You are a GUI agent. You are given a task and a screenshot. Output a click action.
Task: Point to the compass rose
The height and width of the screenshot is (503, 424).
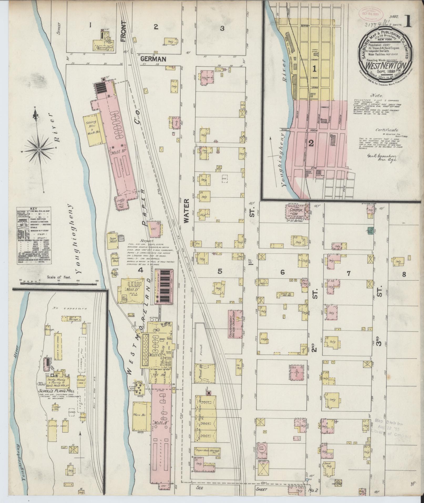click(39, 150)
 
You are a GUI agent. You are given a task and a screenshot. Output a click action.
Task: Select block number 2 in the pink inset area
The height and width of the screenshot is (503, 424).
click(311, 143)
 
